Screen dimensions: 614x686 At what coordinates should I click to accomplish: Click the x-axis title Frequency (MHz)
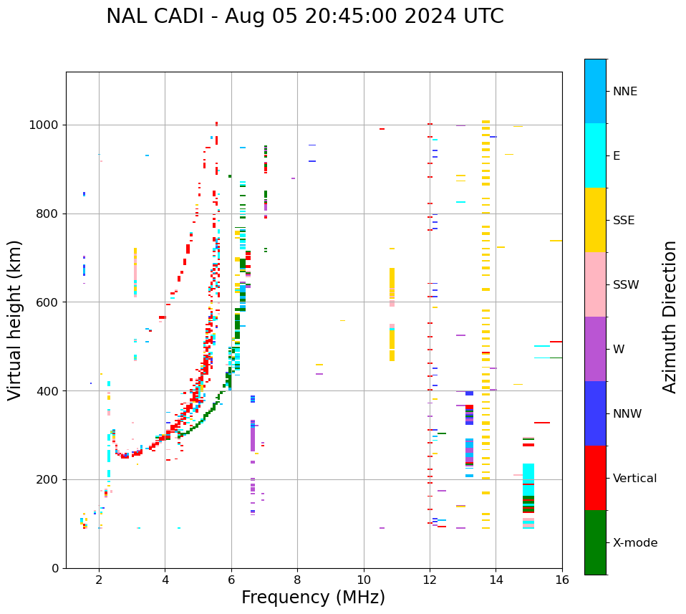(313, 598)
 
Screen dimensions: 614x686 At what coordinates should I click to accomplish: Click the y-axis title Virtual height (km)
(15, 320)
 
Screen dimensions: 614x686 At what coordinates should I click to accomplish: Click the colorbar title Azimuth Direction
(670, 317)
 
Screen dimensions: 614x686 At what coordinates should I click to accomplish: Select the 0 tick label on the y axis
(55, 568)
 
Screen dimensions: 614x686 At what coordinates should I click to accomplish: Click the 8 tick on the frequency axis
(297, 579)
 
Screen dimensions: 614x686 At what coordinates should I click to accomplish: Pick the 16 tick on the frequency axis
(562, 579)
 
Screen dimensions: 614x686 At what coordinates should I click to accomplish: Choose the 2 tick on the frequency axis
(99, 579)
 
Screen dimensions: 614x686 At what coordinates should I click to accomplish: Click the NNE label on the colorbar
(624, 92)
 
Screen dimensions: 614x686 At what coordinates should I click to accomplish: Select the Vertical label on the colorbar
(634, 479)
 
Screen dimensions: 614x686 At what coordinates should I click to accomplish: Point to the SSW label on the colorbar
(626, 285)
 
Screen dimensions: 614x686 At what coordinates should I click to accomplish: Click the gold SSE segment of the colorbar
(595, 220)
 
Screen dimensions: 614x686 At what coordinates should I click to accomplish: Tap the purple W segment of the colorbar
(595, 349)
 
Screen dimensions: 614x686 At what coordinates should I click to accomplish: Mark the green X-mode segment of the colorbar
(595, 542)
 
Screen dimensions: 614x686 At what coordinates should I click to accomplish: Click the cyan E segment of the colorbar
(595, 155)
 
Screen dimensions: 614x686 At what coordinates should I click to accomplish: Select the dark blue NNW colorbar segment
(595, 413)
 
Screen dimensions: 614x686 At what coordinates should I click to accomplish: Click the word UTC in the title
(484, 16)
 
